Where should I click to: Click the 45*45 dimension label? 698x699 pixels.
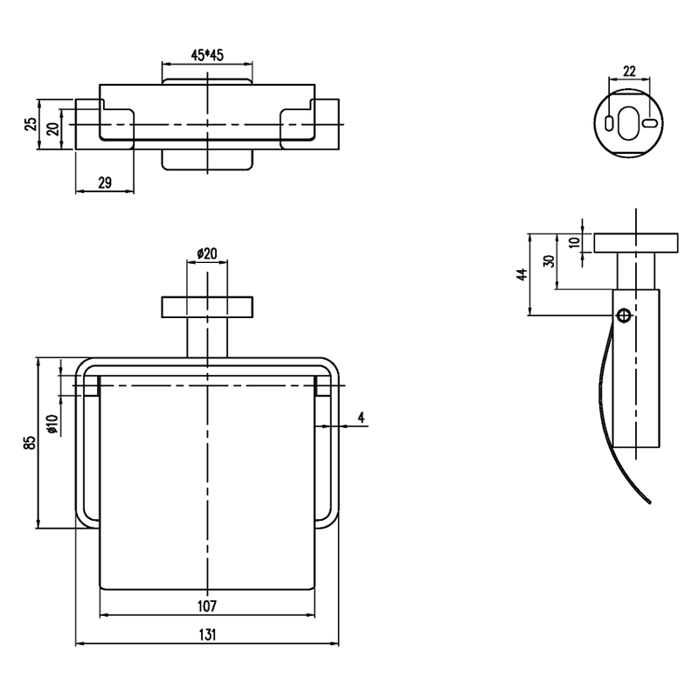point(207,55)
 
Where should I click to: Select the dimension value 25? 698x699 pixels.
point(31,124)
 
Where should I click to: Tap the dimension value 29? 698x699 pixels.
point(105,183)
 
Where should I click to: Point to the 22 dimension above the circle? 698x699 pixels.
point(629,71)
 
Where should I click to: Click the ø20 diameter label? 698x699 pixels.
point(207,253)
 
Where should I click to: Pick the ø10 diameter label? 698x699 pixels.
point(52,424)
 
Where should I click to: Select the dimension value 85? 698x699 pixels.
point(31,442)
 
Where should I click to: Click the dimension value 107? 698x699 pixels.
point(207,606)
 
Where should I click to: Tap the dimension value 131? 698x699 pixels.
point(207,634)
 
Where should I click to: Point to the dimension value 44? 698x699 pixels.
point(522,274)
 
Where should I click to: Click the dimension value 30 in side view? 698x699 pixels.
point(550,260)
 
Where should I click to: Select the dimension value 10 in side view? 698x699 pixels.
point(575,242)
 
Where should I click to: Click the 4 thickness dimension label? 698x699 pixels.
point(361,418)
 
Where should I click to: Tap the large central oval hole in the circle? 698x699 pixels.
point(628,123)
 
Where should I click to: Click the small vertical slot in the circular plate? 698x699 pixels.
point(609,123)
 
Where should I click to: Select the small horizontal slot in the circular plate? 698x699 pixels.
point(650,123)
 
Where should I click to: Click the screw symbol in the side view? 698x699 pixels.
point(624,315)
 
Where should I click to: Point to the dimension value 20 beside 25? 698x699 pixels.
point(53,128)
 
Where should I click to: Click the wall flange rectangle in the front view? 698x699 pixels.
point(207,308)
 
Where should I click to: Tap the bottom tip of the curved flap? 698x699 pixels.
point(650,503)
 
